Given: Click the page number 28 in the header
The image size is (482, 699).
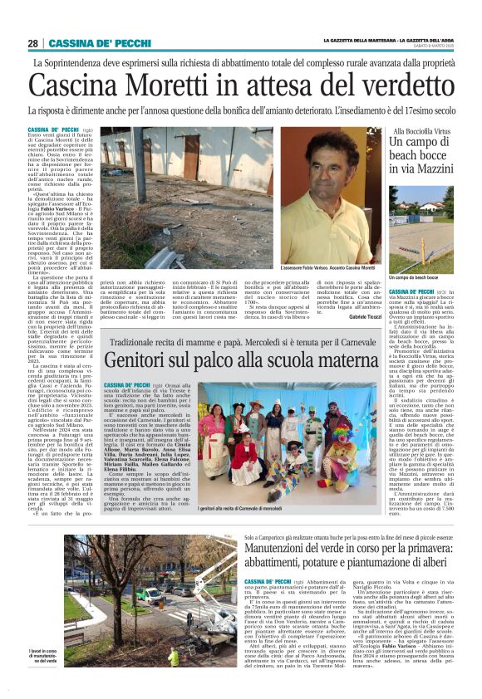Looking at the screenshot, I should (x=33, y=43).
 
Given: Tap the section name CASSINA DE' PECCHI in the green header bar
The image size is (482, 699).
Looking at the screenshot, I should (x=87, y=43).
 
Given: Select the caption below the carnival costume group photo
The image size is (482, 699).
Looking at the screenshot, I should (x=241, y=507).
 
